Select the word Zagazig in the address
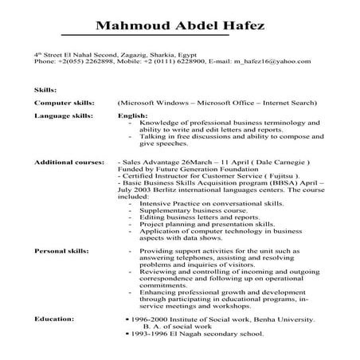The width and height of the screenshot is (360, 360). [136, 53]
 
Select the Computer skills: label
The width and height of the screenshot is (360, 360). [65, 103]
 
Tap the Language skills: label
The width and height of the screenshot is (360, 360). [65, 115]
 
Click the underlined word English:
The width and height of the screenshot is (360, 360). [132, 115]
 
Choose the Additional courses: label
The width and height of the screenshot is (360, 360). [69, 160]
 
